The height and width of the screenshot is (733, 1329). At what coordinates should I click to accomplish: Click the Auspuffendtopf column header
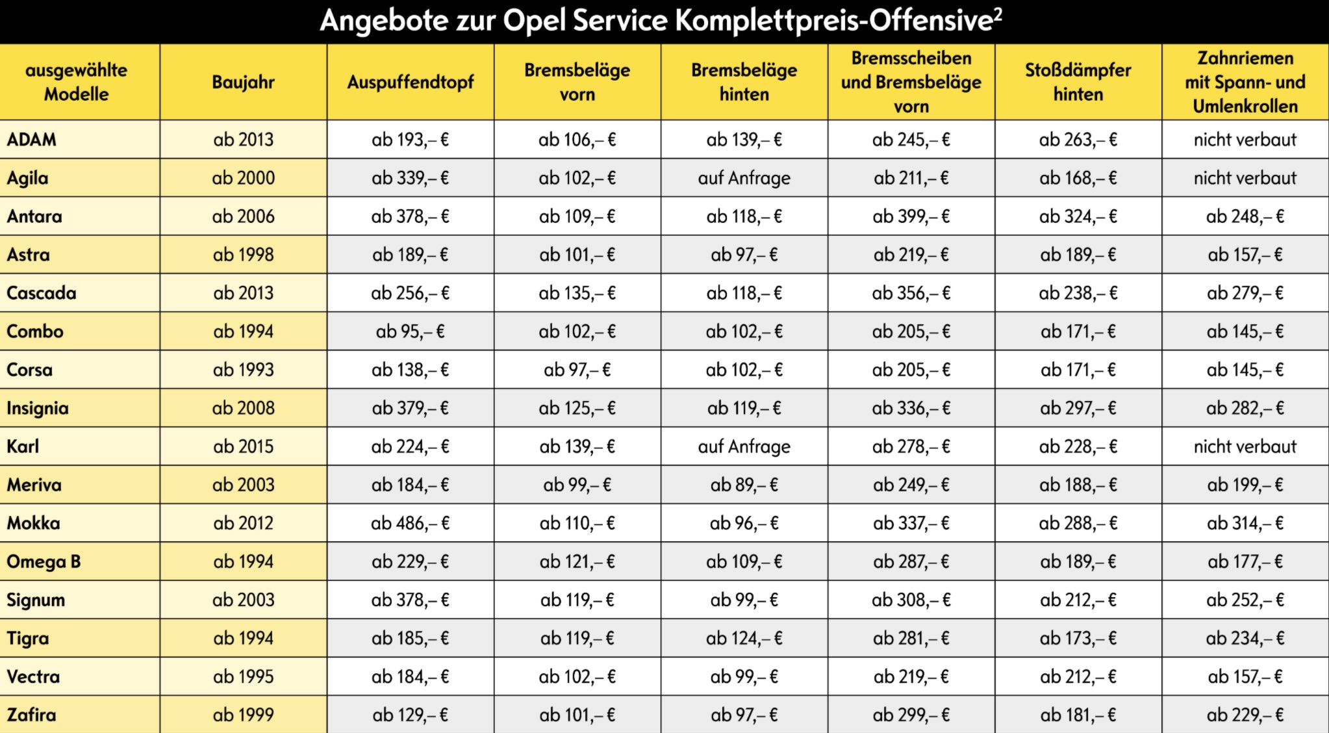(411, 83)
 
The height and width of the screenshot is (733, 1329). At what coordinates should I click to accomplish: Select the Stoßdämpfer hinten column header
(1078, 83)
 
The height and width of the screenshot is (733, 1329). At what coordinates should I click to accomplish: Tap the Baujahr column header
(243, 83)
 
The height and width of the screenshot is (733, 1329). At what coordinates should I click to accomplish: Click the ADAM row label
(32, 140)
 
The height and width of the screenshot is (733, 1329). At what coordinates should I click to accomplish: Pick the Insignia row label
(38, 408)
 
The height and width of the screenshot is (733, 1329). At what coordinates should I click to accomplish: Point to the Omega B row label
(44, 561)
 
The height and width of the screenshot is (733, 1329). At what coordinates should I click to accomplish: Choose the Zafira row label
(31, 715)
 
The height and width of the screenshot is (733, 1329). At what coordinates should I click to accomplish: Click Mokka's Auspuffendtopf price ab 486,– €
(410, 523)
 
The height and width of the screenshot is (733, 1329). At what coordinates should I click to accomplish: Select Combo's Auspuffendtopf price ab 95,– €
(410, 331)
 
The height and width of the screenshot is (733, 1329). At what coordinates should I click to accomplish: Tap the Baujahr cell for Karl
(243, 446)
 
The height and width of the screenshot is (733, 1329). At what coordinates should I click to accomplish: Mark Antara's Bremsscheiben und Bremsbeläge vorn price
(911, 216)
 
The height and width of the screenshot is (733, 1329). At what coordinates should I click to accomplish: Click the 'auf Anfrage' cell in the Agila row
(744, 178)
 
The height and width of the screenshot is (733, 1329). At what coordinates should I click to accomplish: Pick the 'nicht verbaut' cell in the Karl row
(1245, 446)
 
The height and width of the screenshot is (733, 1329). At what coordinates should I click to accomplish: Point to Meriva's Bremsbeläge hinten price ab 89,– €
(744, 485)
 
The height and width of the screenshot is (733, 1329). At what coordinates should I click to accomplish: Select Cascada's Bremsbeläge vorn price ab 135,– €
(577, 293)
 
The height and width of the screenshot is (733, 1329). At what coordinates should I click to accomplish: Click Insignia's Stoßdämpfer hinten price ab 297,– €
(1078, 408)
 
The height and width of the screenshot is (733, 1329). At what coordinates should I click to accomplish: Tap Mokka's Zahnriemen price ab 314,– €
(1245, 523)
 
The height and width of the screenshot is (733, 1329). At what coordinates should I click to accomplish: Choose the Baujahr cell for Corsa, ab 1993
(243, 370)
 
